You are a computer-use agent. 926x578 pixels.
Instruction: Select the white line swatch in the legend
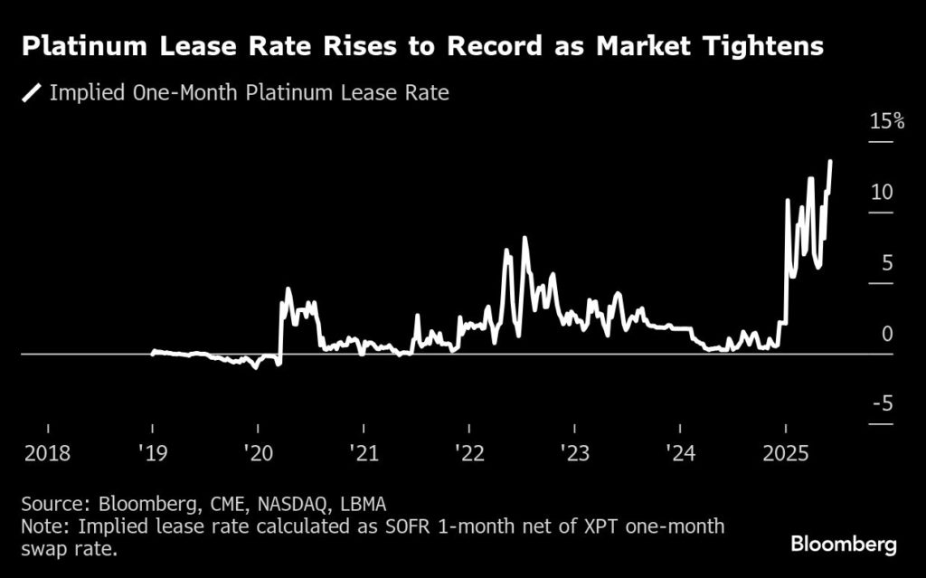tap(33, 93)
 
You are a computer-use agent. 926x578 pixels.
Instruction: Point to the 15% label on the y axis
tap(886, 121)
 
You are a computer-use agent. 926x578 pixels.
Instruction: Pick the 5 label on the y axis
tap(887, 262)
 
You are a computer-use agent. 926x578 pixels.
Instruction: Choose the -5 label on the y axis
tap(882, 403)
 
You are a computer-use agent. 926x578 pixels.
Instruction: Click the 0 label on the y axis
tap(887, 333)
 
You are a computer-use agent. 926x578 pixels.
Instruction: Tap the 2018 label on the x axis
tap(46, 452)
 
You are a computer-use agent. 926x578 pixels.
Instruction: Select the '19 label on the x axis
tap(152, 452)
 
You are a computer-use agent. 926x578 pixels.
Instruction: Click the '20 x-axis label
tap(258, 452)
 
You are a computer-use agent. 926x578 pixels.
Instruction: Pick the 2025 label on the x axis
tap(785, 452)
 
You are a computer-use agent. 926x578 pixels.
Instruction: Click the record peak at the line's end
tap(830, 162)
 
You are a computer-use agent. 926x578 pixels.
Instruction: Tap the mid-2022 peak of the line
tap(524, 239)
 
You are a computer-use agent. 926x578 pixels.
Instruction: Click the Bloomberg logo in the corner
tap(844, 545)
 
